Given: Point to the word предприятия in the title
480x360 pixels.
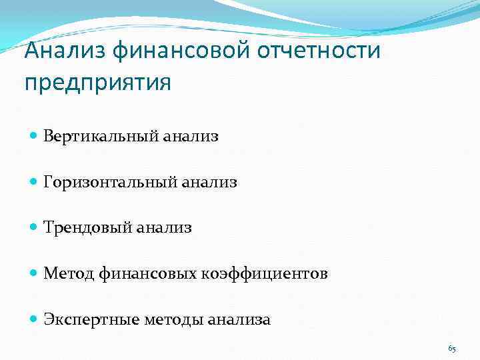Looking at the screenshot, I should point(97,83).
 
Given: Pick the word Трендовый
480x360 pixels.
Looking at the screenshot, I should point(87,228).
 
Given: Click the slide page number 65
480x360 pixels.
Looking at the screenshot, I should point(452,348).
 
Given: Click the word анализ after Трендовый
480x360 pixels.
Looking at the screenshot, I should point(163,228).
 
